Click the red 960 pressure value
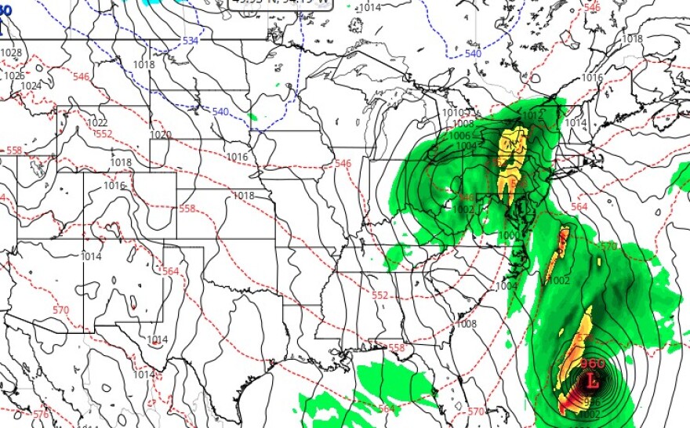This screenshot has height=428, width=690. pyautogui.click(x=593, y=365)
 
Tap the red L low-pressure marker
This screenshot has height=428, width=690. pyautogui.click(x=593, y=383)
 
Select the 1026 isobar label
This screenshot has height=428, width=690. pyautogui.click(x=14, y=76)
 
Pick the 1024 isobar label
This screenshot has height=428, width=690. pyautogui.click(x=31, y=86)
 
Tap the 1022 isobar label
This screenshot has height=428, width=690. pyautogui.click(x=97, y=123)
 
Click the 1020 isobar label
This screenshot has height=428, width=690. pyautogui.click(x=160, y=135)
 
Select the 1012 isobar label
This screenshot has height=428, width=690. pyautogui.click(x=532, y=115)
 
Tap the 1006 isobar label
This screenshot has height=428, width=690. pyautogui.click(x=459, y=135)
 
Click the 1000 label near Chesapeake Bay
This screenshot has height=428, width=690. pyautogui.click(x=508, y=236)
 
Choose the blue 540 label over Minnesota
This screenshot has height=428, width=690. pyautogui.click(x=220, y=112)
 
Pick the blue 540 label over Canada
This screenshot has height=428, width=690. pyautogui.click(x=473, y=53)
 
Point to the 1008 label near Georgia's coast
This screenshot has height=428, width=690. pyautogui.click(x=467, y=324)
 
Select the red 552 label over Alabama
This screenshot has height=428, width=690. pyautogui.click(x=380, y=296)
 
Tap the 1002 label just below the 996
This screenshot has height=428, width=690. pyautogui.click(x=592, y=414)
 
